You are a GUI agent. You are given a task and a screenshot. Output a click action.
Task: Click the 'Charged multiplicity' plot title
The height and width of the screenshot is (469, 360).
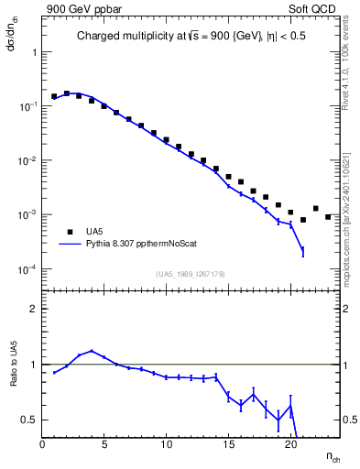(191, 38)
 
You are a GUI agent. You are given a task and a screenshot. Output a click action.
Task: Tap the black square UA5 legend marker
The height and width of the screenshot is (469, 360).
(63, 232)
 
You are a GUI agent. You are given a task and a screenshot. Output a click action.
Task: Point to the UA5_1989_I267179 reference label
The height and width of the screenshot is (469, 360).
(191, 274)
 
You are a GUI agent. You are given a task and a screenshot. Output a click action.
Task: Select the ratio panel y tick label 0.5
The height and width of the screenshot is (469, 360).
(29, 420)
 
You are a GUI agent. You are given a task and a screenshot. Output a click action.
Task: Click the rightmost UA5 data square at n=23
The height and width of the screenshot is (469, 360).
(328, 217)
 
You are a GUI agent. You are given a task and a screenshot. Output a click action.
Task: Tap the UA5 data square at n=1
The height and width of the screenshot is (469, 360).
(54, 96)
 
